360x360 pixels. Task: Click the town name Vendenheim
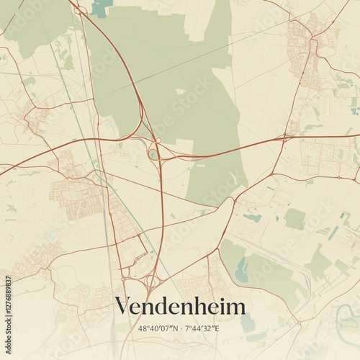click(x=180, y=307)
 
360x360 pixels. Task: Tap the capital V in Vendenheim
click(x=123, y=307)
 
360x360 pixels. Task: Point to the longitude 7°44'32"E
click(x=202, y=328)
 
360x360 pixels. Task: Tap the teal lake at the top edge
click(x=102, y=7)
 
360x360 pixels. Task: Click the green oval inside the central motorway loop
click(x=153, y=153)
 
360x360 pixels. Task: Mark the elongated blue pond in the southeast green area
click(x=241, y=269)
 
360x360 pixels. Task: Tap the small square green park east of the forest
click(x=294, y=218)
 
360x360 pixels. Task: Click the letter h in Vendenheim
click(x=204, y=307)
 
